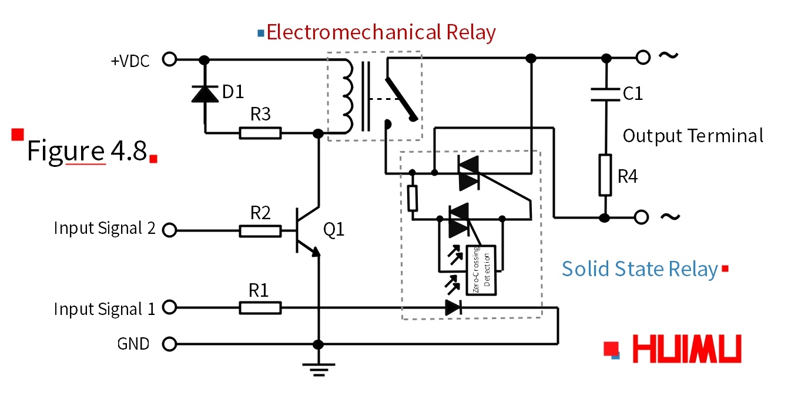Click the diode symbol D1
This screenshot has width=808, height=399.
point(204,93)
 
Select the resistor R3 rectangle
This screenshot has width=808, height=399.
point(260,133)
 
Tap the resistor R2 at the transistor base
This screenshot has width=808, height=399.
point(260,231)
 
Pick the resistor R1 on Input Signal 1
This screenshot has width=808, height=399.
point(260,307)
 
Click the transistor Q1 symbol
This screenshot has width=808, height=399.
point(307,231)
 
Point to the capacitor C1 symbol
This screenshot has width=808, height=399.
point(606,94)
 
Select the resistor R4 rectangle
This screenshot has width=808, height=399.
point(606,175)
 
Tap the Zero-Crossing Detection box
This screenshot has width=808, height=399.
point(481,270)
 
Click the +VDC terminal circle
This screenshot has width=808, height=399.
point(169,59)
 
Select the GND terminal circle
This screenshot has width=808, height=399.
point(169,344)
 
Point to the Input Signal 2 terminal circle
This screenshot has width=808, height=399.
point(169,230)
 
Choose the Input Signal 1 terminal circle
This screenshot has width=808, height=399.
point(169,307)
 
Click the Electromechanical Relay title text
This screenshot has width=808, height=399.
point(381,32)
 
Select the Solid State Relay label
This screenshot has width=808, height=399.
point(639,269)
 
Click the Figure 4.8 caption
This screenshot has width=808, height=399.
point(86,151)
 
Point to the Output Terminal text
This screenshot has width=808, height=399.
point(693,136)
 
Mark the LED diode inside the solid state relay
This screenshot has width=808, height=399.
point(453,307)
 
